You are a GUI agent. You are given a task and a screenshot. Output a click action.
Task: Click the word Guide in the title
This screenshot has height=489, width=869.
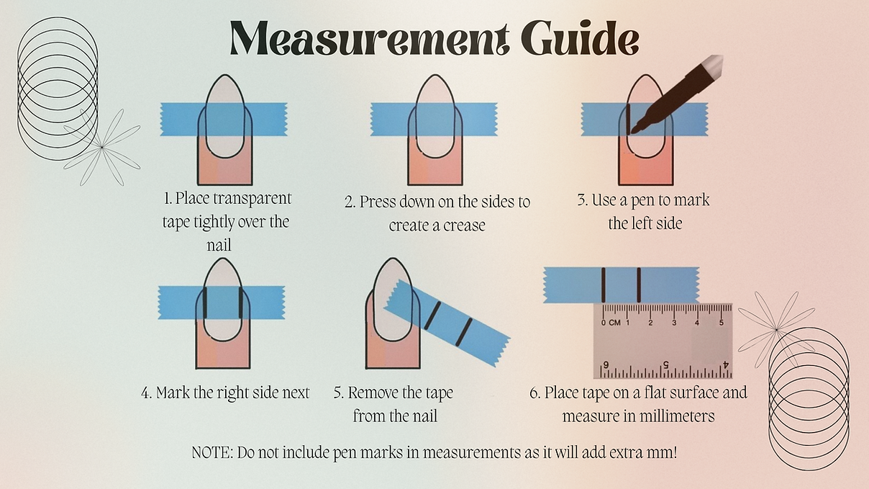pyautogui.click(x=580, y=38)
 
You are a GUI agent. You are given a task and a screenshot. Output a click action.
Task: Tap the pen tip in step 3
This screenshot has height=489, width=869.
pyautogui.click(x=633, y=132)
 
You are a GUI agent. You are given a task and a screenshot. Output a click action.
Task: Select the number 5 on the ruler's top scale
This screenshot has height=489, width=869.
pyautogui.click(x=722, y=323)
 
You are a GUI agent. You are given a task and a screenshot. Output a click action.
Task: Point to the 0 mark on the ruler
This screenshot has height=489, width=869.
pyautogui.click(x=604, y=323)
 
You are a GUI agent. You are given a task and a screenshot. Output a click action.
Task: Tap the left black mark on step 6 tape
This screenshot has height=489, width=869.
pyautogui.click(x=604, y=285)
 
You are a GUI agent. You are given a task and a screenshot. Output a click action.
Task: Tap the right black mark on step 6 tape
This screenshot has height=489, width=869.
pyautogui.click(x=639, y=285)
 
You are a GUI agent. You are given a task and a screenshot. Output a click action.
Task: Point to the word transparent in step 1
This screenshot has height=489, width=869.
pyautogui.click(x=252, y=199)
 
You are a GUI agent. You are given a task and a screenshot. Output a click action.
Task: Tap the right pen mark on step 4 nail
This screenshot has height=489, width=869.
pyautogui.click(x=241, y=303)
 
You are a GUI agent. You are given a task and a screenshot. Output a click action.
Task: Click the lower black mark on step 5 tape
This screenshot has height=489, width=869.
pyautogui.click(x=463, y=332)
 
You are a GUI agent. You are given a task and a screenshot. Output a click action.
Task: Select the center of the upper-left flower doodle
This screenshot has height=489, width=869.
pyautogui.click(x=101, y=147)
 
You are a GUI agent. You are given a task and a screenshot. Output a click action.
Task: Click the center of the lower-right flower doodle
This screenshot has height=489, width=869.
pyautogui.click(x=776, y=329)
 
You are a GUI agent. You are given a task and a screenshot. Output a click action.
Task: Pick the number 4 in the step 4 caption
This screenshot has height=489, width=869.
pyautogui.click(x=145, y=393)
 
